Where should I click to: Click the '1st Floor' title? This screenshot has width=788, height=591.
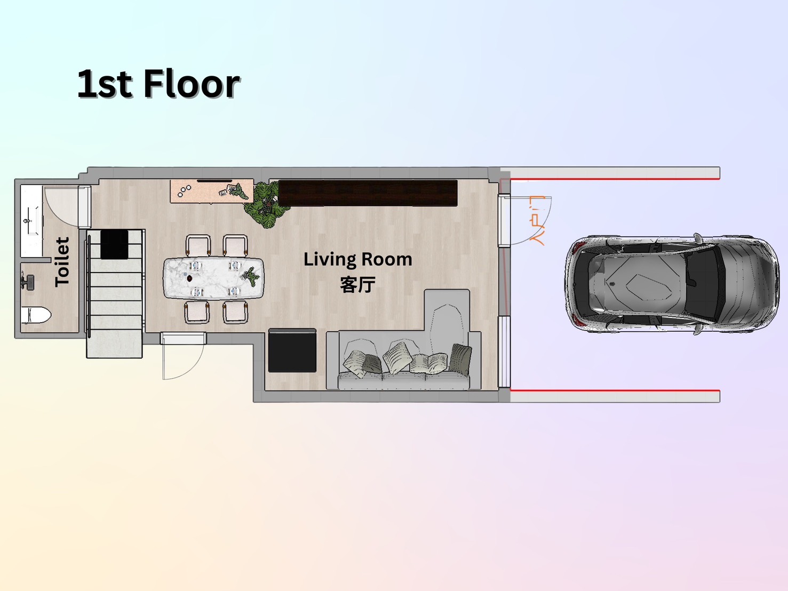pyautogui.click(x=158, y=84)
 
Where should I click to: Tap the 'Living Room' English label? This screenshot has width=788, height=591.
pyautogui.click(x=357, y=259)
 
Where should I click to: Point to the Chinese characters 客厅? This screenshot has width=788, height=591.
pyautogui.click(x=357, y=284)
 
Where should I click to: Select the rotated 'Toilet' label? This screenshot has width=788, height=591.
pyautogui.click(x=62, y=261)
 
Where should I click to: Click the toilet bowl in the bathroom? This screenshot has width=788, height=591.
pyautogui.click(x=36, y=315)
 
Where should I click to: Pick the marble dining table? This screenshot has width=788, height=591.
pyautogui.click(x=213, y=278)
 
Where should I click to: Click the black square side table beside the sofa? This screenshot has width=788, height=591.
pyautogui.click(x=292, y=350)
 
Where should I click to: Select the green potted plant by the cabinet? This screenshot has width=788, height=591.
pyautogui.click(x=266, y=204)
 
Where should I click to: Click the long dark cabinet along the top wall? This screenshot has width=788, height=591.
pyautogui.click(x=368, y=193)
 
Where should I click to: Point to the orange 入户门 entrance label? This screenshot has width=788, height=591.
pyautogui.click(x=537, y=220)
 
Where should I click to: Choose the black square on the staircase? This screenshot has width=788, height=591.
pyautogui.click(x=114, y=244)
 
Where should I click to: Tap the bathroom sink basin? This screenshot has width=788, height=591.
pyautogui.click(x=31, y=220)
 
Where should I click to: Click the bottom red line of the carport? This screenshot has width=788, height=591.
pyautogui.click(x=615, y=390)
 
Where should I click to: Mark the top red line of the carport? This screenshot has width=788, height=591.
pyautogui.click(x=615, y=179)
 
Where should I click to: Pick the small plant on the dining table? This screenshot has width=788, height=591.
pyautogui.click(x=251, y=276)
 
